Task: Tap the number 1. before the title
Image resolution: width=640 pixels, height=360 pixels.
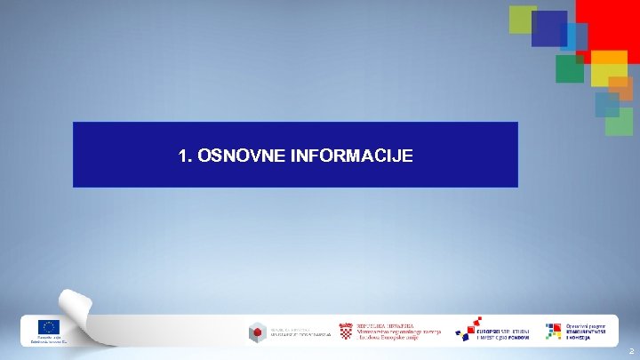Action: (x=185, y=156)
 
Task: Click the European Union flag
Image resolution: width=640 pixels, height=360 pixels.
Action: (x=47, y=327)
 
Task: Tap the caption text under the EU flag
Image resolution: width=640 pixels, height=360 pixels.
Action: (x=47, y=340)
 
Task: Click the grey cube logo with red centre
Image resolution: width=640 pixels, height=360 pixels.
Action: (x=257, y=332)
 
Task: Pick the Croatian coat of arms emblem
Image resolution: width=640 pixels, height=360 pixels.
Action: (x=345, y=331)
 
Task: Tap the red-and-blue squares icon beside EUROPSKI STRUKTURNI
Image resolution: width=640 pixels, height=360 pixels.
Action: (x=467, y=328)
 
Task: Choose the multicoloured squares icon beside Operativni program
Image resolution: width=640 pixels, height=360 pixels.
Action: (x=554, y=331)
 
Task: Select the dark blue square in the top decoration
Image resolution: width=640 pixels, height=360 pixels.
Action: (x=548, y=28)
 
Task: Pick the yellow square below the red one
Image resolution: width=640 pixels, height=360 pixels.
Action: (x=609, y=69)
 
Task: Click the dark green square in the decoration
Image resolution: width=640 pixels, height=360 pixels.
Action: (x=569, y=68)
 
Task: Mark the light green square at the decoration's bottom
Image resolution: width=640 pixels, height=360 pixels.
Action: (x=619, y=122)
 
